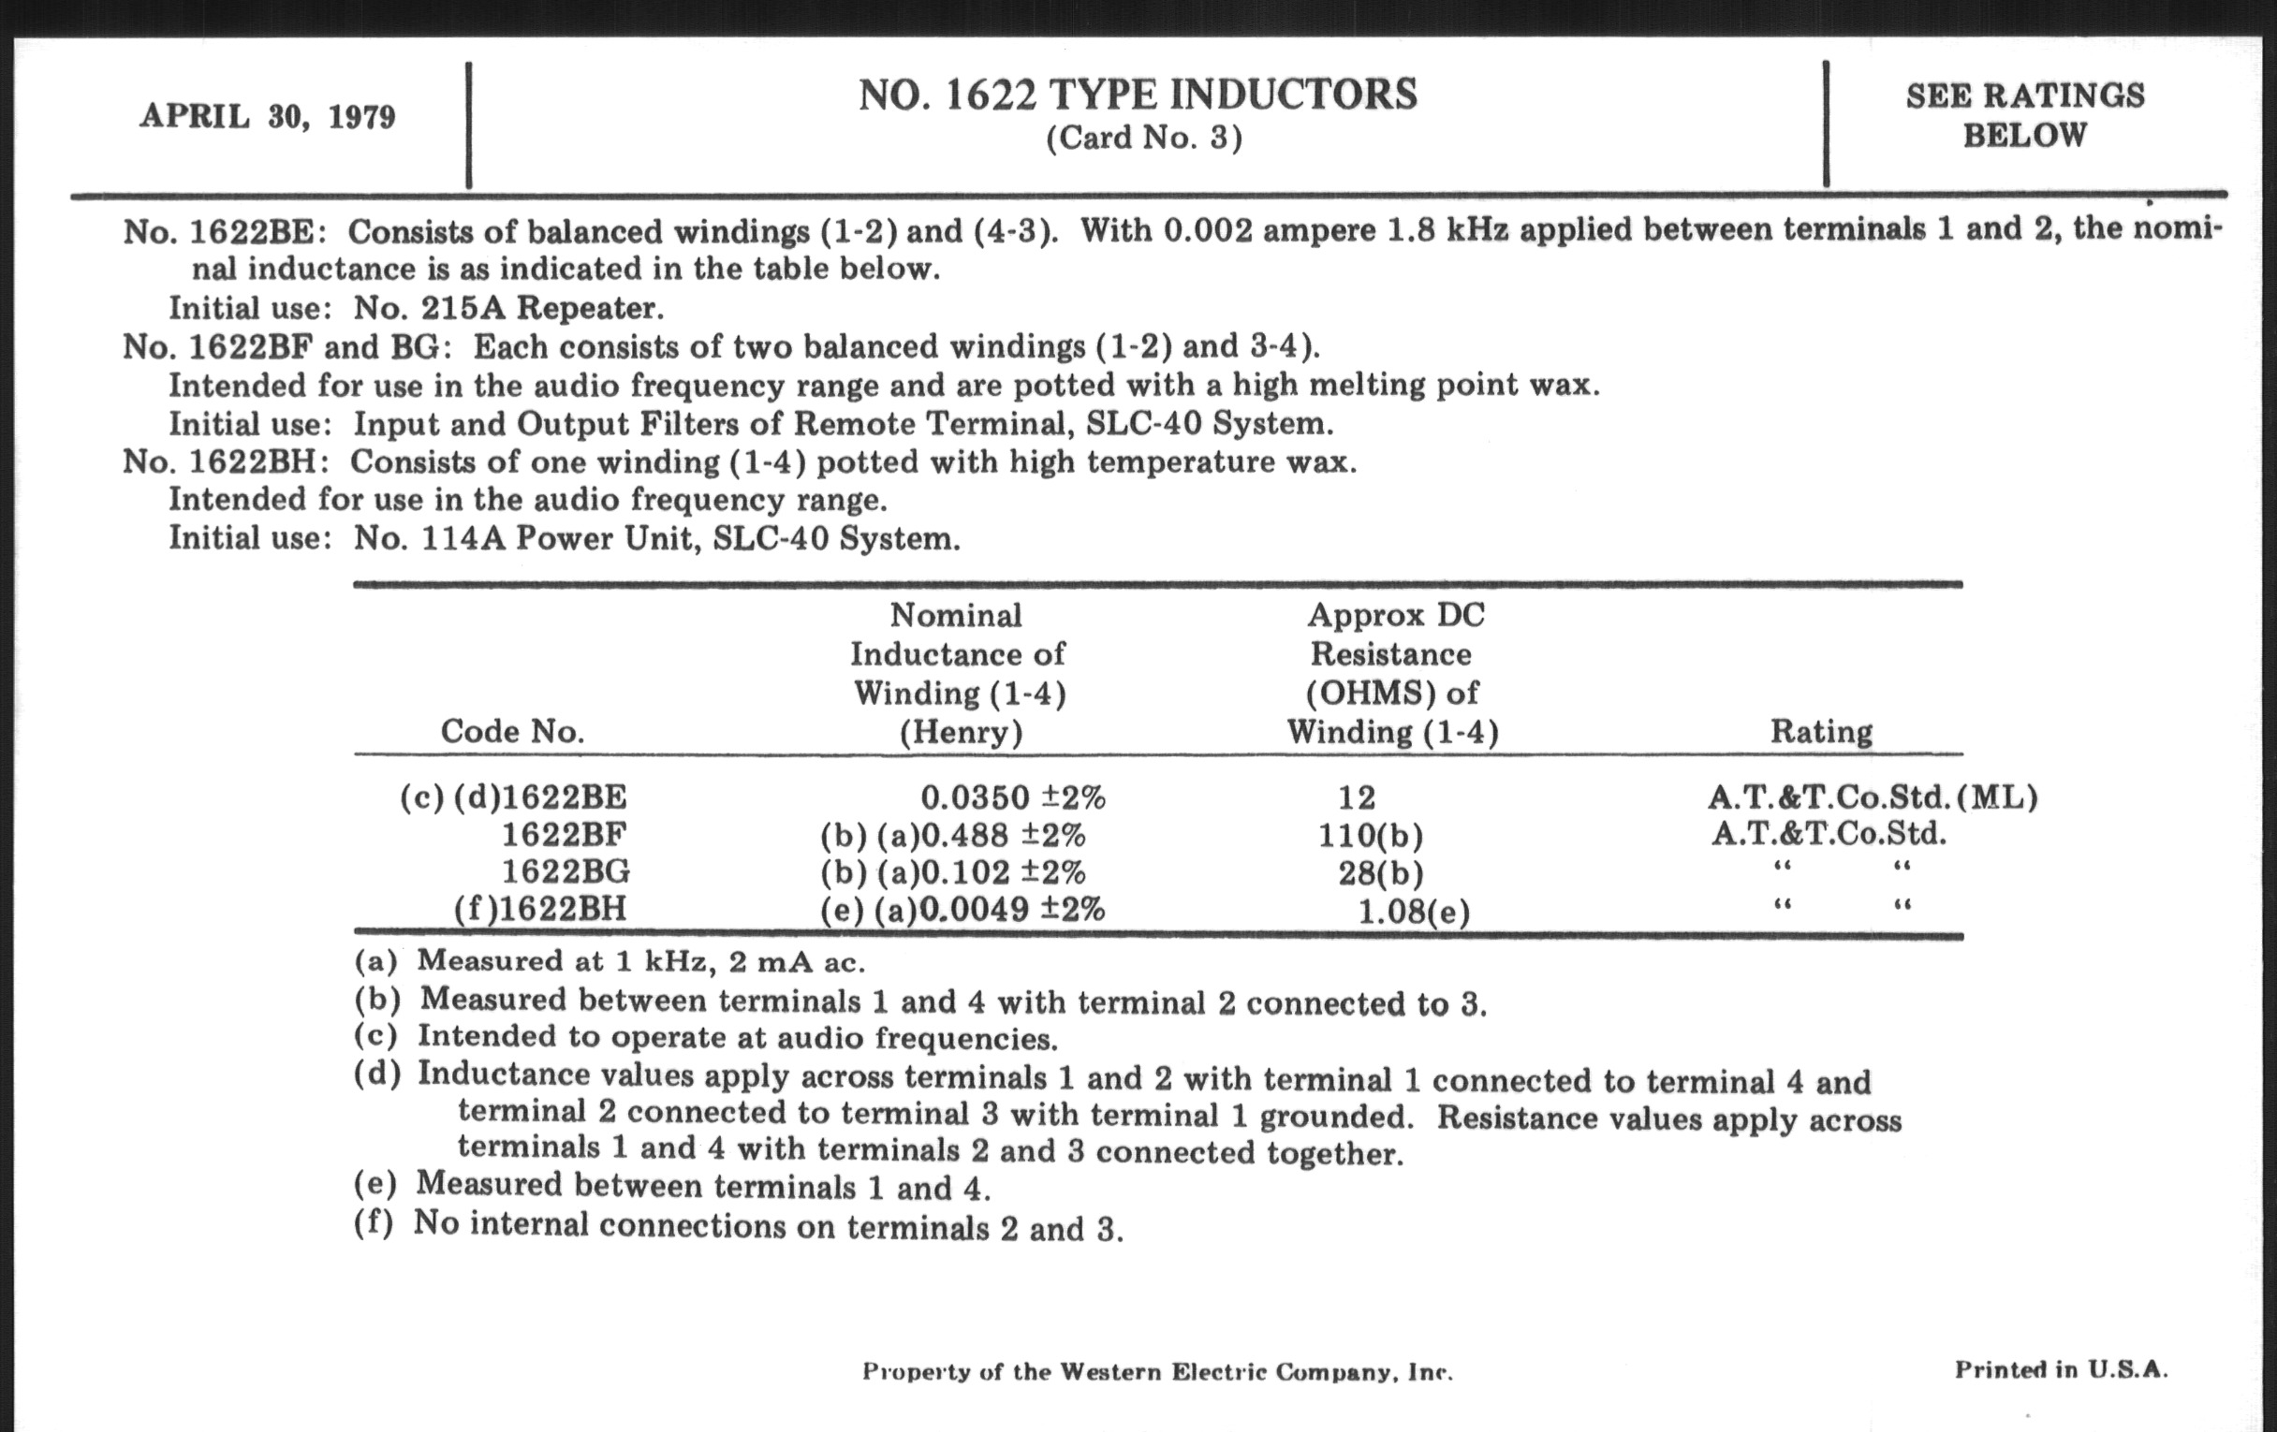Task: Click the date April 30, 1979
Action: (x=268, y=116)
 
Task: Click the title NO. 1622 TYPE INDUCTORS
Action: (x=1138, y=95)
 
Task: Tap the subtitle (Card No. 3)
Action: (x=1143, y=139)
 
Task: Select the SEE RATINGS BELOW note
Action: (x=2024, y=115)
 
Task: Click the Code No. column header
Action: (x=512, y=732)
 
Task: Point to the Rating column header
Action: (x=1821, y=732)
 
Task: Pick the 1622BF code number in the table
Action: (x=564, y=835)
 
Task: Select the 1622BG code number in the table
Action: (x=566, y=871)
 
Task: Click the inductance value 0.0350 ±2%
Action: (x=1013, y=797)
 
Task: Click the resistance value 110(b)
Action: (x=1370, y=836)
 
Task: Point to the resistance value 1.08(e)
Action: (x=1414, y=913)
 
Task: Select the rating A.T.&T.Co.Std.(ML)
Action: (x=1873, y=797)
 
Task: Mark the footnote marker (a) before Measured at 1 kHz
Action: (x=376, y=962)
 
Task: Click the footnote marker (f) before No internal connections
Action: (x=375, y=1223)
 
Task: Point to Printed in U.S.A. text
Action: (x=2062, y=1369)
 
